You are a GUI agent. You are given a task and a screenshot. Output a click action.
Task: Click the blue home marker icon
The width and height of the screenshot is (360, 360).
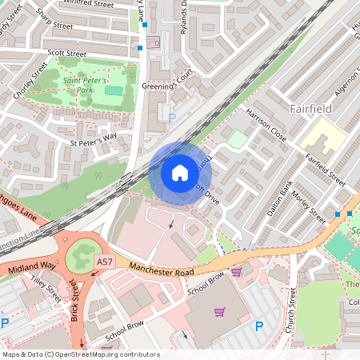pyautogui.click(x=180, y=172)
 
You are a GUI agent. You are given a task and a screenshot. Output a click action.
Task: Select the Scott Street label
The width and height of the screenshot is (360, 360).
pyautogui.click(x=66, y=54)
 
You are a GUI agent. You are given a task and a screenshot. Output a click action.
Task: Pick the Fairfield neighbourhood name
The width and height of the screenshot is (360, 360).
pyautogui.click(x=313, y=106)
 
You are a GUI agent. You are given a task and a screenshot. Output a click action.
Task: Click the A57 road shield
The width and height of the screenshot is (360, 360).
pyautogui.click(x=105, y=262)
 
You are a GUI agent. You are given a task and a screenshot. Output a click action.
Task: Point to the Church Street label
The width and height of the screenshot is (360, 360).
pyautogui.click(x=292, y=312)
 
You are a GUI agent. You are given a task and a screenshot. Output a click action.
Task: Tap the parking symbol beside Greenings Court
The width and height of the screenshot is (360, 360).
pyautogui.click(x=172, y=118)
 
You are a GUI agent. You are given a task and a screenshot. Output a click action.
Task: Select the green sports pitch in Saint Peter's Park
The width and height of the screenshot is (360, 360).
pyautogui.click(x=114, y=90)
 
